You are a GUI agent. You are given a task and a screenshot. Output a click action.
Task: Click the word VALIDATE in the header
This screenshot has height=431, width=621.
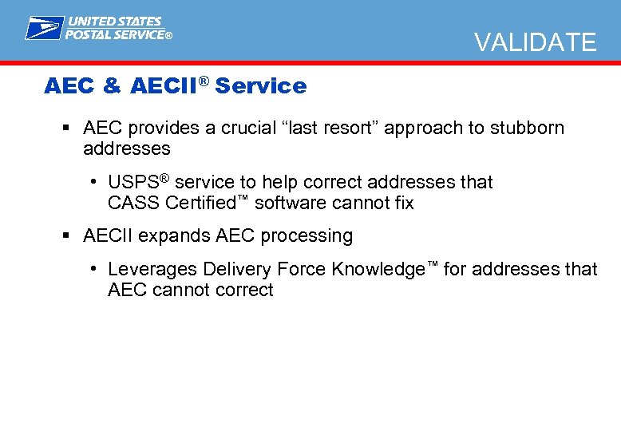(535, 42)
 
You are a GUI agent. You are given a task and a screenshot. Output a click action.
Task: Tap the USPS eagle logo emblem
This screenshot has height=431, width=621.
(43, 28)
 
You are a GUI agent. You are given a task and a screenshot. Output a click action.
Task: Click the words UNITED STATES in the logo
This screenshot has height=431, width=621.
(114, 22)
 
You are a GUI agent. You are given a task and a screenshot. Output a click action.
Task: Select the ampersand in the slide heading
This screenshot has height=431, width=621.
(113, 86)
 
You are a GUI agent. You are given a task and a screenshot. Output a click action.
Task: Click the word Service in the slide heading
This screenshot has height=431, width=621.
(261, 86)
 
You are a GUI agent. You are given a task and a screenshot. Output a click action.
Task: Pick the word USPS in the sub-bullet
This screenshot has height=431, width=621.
(129, 183)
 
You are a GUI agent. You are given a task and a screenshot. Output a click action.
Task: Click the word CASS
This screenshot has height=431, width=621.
(133, 203)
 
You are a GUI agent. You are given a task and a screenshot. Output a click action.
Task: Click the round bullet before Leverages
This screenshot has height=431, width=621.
(94, 270)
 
